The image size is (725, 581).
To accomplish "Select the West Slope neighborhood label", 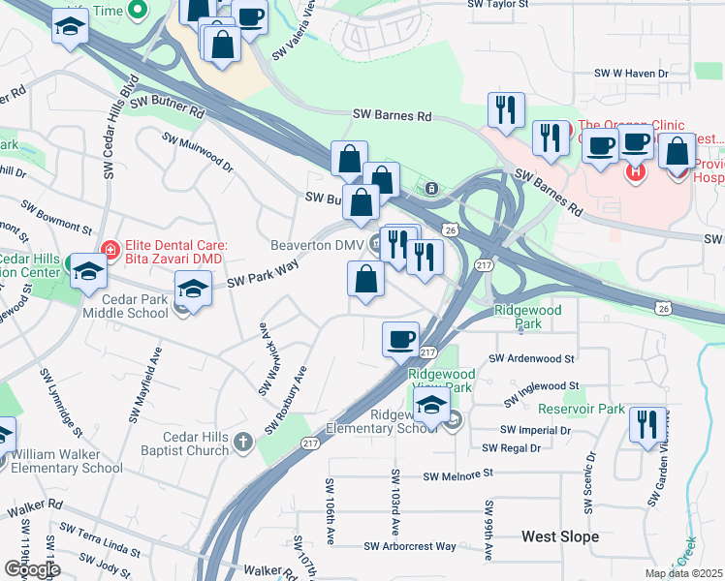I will pos(559,536).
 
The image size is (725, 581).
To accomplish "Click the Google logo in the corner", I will pos(31,569).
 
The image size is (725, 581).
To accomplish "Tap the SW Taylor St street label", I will pos(500,5).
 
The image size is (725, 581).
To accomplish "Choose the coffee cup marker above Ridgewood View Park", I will pos(400,339).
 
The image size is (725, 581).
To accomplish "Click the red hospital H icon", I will pos(636,173).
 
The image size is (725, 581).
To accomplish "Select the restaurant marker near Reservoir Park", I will pos(645,424).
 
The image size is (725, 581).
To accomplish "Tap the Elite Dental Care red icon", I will pos(111,250).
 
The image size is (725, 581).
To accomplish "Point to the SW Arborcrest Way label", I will pos(410,547).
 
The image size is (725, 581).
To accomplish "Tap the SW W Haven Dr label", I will pos(632,74).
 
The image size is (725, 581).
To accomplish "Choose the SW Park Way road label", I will pos(262,274).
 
